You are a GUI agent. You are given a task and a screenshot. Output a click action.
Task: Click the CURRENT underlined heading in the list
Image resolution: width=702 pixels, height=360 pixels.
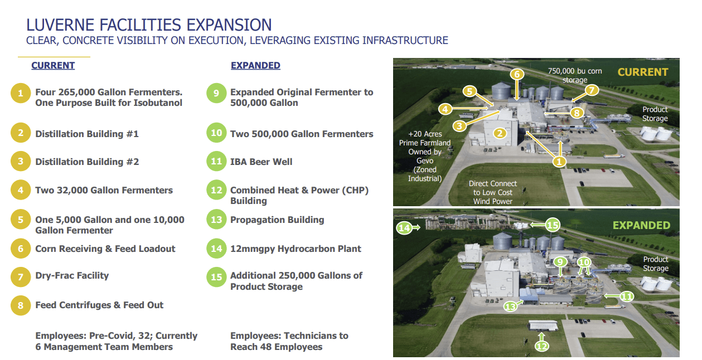coord(53,65)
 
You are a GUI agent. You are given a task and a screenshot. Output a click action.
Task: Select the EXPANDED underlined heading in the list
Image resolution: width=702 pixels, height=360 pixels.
coord(255,65)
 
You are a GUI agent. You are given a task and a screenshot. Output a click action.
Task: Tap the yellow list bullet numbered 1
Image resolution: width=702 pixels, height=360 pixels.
coord(21,93)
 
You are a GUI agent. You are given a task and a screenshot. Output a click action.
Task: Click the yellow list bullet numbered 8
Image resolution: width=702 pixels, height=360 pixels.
coord(21,305)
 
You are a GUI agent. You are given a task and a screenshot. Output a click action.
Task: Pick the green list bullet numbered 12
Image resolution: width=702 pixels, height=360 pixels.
coord(216,190)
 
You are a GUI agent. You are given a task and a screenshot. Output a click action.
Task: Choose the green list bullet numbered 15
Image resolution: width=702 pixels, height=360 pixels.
coord(216,277)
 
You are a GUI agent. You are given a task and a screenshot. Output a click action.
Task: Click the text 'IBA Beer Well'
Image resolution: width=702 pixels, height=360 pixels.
coord(261,162)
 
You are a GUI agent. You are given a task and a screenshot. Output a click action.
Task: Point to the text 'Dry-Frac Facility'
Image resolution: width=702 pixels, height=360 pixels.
coord(72,276)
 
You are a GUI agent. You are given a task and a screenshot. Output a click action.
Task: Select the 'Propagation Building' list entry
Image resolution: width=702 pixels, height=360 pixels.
coord(277,220)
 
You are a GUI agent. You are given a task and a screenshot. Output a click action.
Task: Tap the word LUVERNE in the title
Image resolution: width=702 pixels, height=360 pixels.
coord(60,25)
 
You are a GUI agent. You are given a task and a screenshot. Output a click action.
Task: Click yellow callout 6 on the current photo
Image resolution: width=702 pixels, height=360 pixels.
coord(517,74)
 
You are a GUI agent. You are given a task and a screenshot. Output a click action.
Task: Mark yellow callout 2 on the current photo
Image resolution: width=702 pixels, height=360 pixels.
coord(500,133)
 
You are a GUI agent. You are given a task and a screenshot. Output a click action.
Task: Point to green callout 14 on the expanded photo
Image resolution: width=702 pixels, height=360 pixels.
coord(404,228)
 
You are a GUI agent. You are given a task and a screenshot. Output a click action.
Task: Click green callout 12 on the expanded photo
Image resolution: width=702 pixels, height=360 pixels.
coord(542,346)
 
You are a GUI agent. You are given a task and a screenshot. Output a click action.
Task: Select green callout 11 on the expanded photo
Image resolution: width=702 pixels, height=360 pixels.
coord(627,296)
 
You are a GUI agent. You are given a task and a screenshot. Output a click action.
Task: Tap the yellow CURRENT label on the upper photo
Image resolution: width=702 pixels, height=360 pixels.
coord(643,72)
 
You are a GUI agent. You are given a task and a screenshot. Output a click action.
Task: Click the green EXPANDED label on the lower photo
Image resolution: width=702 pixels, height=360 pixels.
coord(642,225)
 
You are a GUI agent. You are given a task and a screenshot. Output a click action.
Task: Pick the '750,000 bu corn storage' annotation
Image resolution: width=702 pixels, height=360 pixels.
coord(575,75)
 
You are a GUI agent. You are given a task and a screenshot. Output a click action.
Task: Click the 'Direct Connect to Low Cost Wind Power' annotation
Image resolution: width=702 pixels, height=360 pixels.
coord(493,192)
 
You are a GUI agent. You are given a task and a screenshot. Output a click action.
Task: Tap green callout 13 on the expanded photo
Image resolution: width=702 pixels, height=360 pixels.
coord(510,306)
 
